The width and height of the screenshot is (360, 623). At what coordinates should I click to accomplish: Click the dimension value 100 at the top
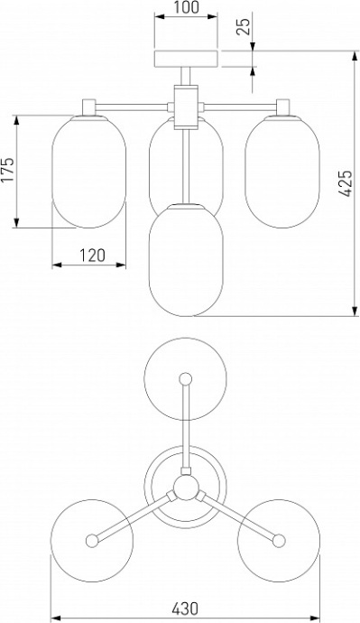pyautogui.click(x=186, y=7)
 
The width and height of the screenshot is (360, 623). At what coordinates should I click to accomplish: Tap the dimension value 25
pyautogui.click(x=245, y=26)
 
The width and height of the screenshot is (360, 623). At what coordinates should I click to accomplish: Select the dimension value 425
pyautogui.click(x=346, y=183)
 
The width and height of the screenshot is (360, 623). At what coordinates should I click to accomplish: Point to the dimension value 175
pyautogui.click(x=7, y=170)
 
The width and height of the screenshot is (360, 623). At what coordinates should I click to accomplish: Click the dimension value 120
pyautogui.click(x=92, y=256)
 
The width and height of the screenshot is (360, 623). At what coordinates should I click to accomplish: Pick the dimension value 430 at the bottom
pyautogui.click(x=185, y=609)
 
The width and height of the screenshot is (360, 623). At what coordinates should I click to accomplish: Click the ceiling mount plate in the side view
pyautogui.click(x=186, y=59)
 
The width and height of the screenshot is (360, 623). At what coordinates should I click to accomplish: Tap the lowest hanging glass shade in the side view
pyautogui.click(x=186, y=260)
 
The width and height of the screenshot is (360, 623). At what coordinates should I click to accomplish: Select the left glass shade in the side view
pyautogui.click(x=89, y=172)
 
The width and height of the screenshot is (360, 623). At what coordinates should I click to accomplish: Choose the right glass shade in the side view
pyautogui.click(x=282, y=172)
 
